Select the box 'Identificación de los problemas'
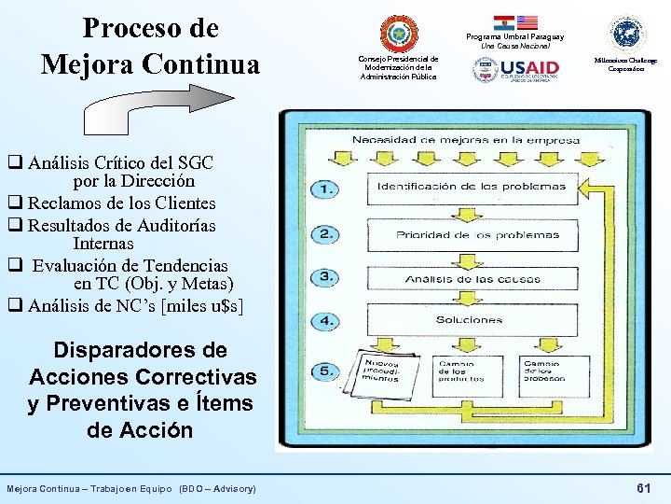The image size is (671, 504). [471, 186]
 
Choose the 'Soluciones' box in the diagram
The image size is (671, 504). [469, 320]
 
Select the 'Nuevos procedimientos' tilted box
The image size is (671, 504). [380, 371]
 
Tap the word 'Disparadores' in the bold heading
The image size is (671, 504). [140, 351]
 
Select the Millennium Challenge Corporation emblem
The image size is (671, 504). [626, 34]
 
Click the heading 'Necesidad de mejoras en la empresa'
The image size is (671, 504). [466, 140]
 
